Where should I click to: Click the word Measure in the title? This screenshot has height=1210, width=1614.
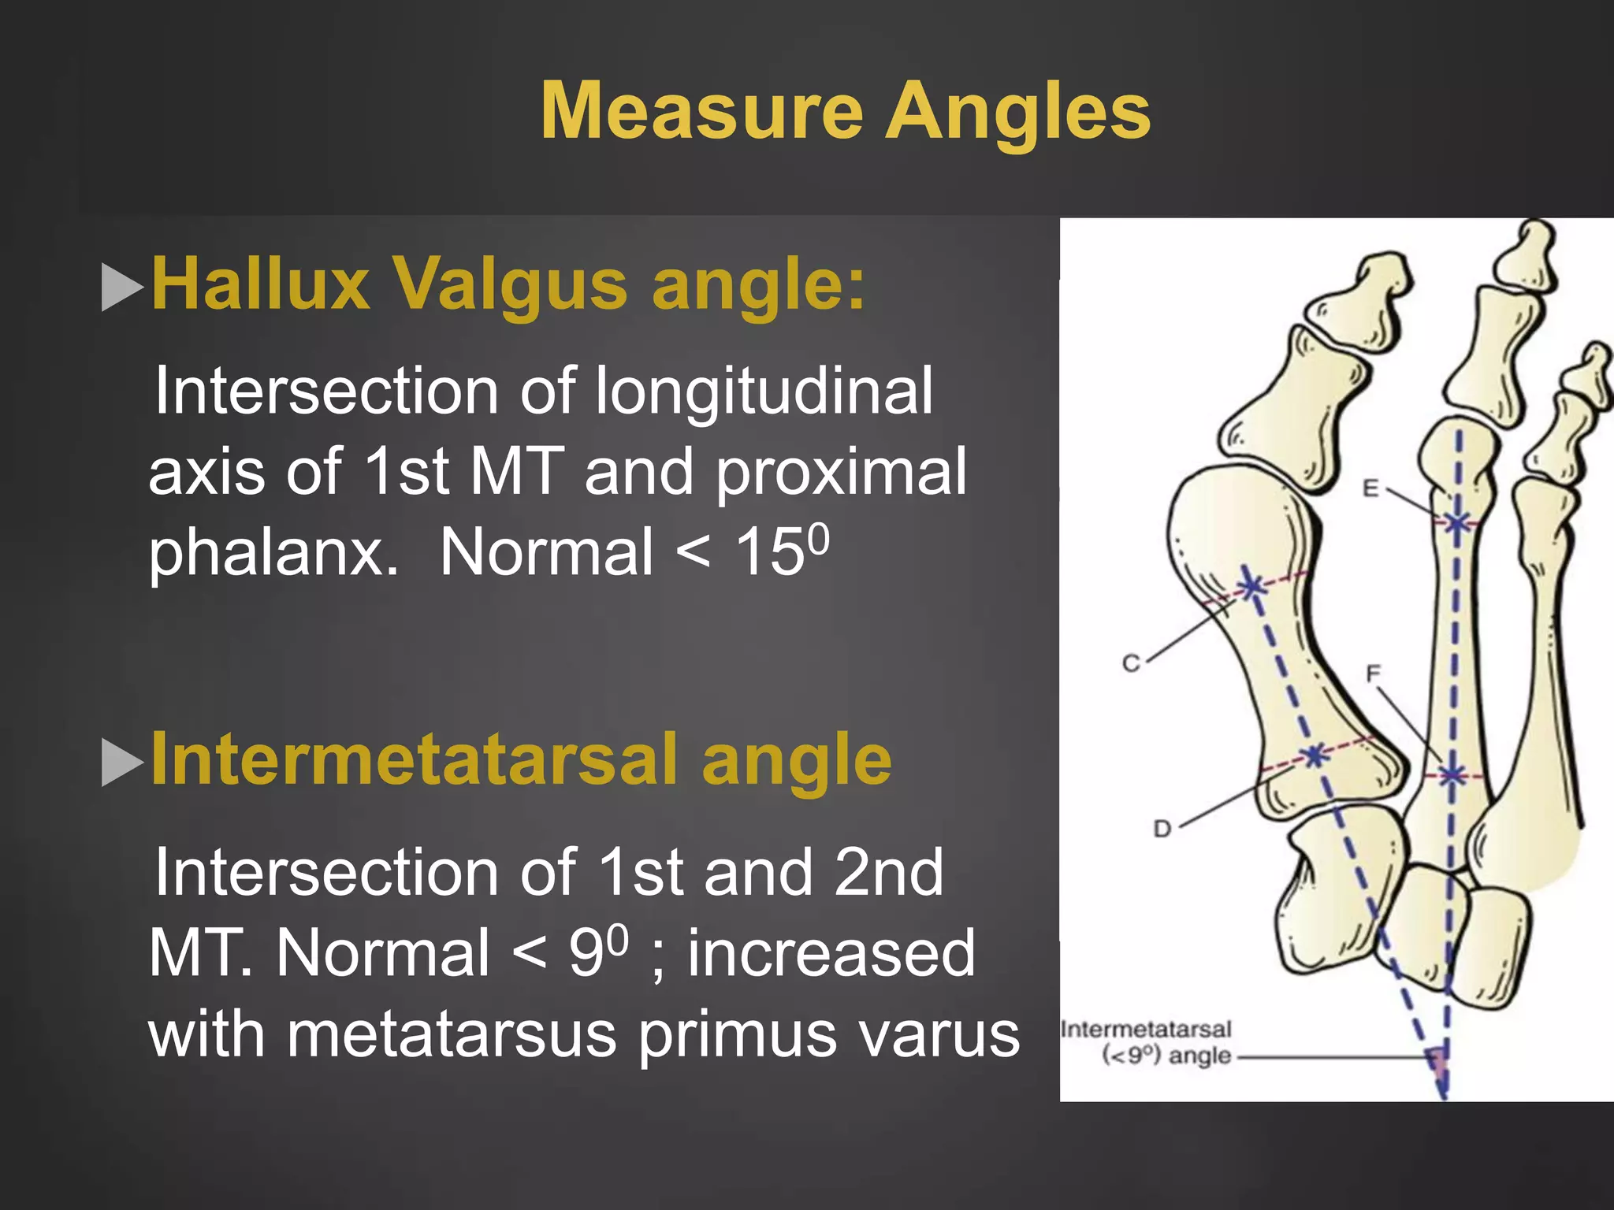pos(701,112)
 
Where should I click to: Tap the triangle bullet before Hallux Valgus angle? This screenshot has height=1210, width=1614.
pos(122,287)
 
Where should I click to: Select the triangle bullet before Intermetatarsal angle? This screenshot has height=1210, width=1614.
pos(122,762)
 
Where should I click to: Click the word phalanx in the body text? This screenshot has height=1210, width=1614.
pos(273,554)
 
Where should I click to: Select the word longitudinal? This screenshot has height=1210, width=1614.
pos(763,391)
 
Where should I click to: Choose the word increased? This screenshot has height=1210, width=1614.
pos(831,953)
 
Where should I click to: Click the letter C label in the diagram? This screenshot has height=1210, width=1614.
pos(1131,663)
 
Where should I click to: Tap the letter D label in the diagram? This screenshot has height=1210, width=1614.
pos(1162,829)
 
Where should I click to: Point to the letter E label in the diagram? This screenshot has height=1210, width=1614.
pos(1371,488)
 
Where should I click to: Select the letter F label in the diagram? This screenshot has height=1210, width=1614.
pos(1373,674)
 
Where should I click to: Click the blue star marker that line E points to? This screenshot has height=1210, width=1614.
pos(1457,521)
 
